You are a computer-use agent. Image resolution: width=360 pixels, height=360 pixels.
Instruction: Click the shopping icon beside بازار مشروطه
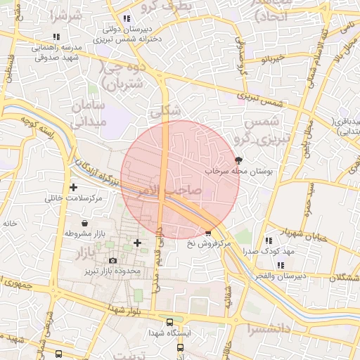tap(85, 223)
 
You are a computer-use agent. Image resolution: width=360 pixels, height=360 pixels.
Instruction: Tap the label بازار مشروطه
tap(85, 233)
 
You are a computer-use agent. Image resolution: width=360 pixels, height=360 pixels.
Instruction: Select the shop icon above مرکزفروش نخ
tap(207, 233)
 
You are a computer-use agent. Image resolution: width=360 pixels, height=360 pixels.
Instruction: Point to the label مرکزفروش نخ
tap(209, 243)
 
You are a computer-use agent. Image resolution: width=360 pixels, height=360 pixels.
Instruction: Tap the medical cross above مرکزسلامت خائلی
tap(74, 187)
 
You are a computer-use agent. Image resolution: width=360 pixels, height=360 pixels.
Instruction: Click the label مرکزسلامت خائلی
tap(74, 198)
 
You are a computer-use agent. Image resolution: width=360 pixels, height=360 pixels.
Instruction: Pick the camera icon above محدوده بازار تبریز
tap(112, 261)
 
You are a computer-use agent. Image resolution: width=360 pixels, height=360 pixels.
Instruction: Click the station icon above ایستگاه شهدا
tap(169, 323)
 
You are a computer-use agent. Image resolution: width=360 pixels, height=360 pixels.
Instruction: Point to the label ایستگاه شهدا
tap(169, 333)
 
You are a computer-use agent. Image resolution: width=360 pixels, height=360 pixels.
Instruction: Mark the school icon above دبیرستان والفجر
tap(281, 265)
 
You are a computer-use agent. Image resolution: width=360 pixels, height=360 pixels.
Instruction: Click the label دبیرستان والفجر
tap(281, 275)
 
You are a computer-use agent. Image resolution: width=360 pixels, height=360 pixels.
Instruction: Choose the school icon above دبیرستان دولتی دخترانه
tap(126, 19)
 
